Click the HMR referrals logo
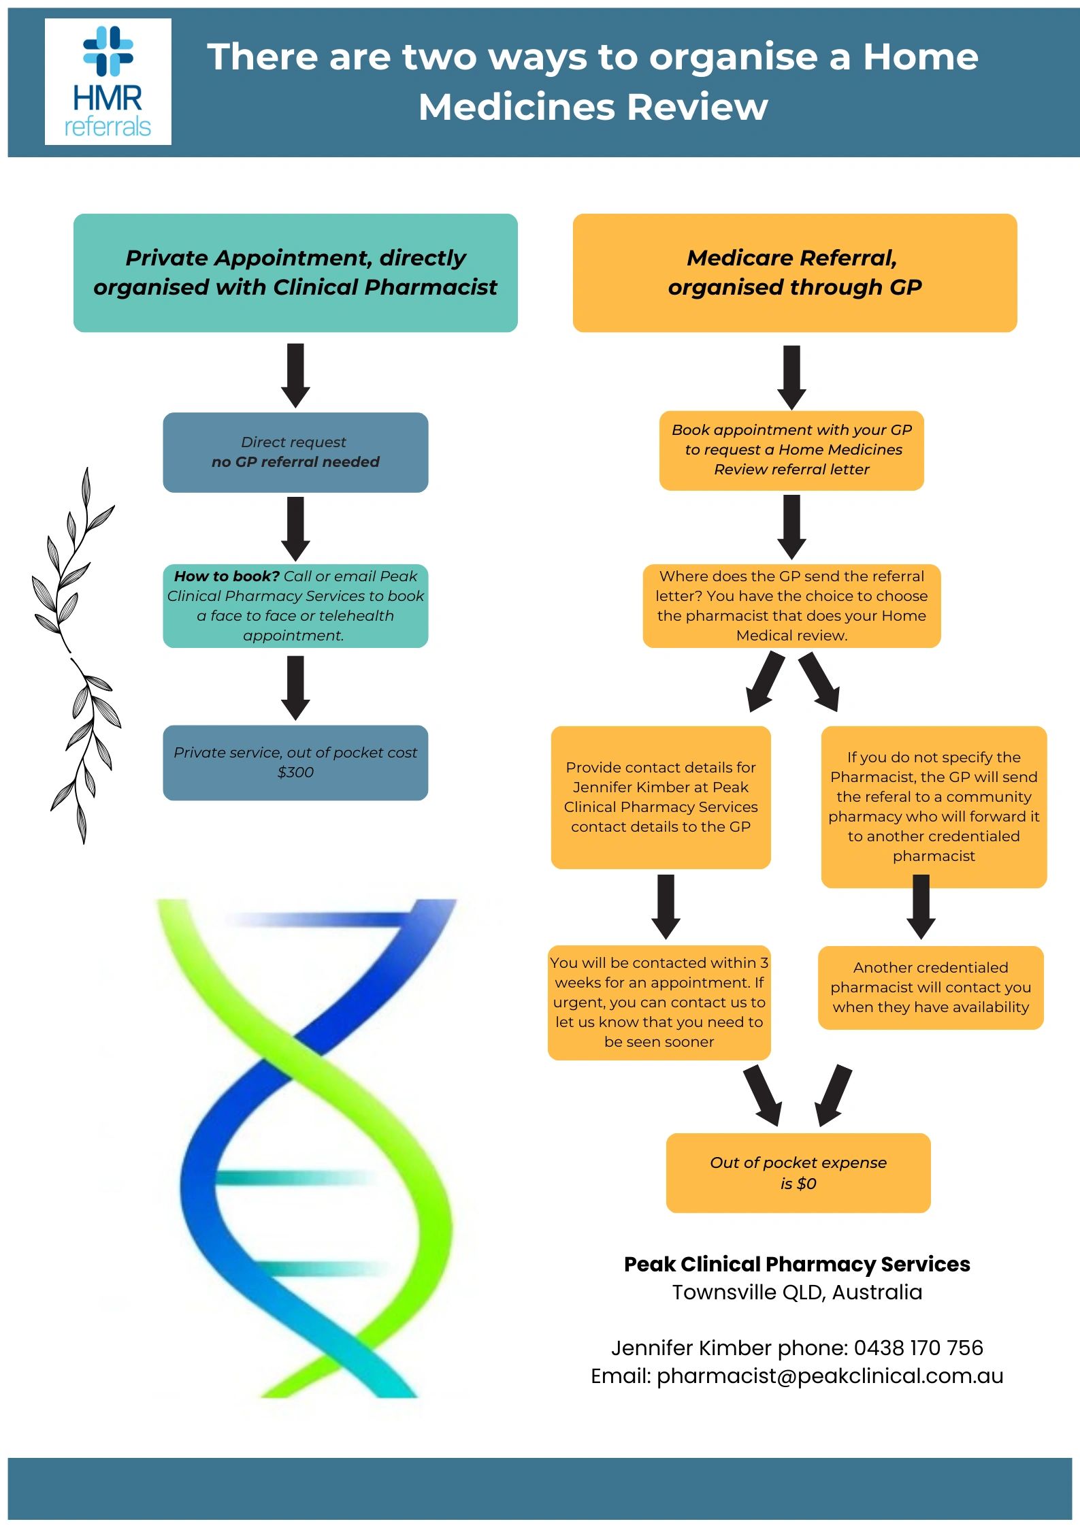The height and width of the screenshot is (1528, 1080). (108, 82)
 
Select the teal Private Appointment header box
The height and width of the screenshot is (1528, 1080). (295, 273)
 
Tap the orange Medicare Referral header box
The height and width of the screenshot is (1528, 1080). (794, 273)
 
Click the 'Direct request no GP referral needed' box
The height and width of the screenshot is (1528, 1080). (295, 452)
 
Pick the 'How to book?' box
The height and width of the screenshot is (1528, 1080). (295, 605)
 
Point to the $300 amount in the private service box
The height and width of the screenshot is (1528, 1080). (295, 773)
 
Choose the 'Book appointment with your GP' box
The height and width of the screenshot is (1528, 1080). (791, 450)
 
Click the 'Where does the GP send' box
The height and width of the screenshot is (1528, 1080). (791, 605)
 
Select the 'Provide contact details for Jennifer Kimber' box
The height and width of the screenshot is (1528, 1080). (660, 797)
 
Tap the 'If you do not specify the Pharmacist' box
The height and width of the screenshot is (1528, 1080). (934, 807)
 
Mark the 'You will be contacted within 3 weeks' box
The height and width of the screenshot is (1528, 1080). (659, 1002)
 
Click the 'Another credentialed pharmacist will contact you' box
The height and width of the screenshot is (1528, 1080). (930, 987)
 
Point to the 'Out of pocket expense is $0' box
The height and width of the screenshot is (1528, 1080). (798, 1173)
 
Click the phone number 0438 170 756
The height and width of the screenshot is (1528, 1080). (918, 1348)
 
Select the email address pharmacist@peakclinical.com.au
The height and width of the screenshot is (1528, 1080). (830, 1376)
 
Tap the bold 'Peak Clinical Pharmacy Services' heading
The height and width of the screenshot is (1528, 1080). (797, 1264)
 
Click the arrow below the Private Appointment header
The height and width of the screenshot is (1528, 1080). (295, 375)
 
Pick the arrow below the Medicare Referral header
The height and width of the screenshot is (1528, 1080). (791, 376)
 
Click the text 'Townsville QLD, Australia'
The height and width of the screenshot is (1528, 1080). (797, 1292)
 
